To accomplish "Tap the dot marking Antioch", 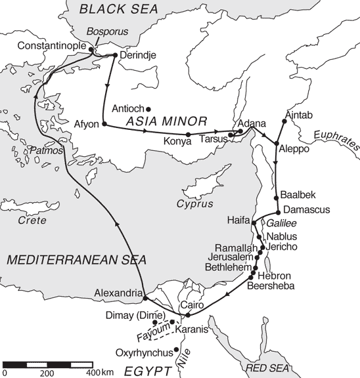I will [x=148, y=109].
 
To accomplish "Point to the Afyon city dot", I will [x=104, y=124].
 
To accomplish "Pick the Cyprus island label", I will [x=194, y=203].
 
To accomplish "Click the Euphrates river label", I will [x=337, y=140].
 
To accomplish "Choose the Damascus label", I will [x=307, y=210].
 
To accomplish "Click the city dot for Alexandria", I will [x=145, y=299].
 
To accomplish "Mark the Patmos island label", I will [x=47, y=152].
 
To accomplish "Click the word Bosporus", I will [x=108, y=31].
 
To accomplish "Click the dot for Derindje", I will [x=115, y=54].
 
